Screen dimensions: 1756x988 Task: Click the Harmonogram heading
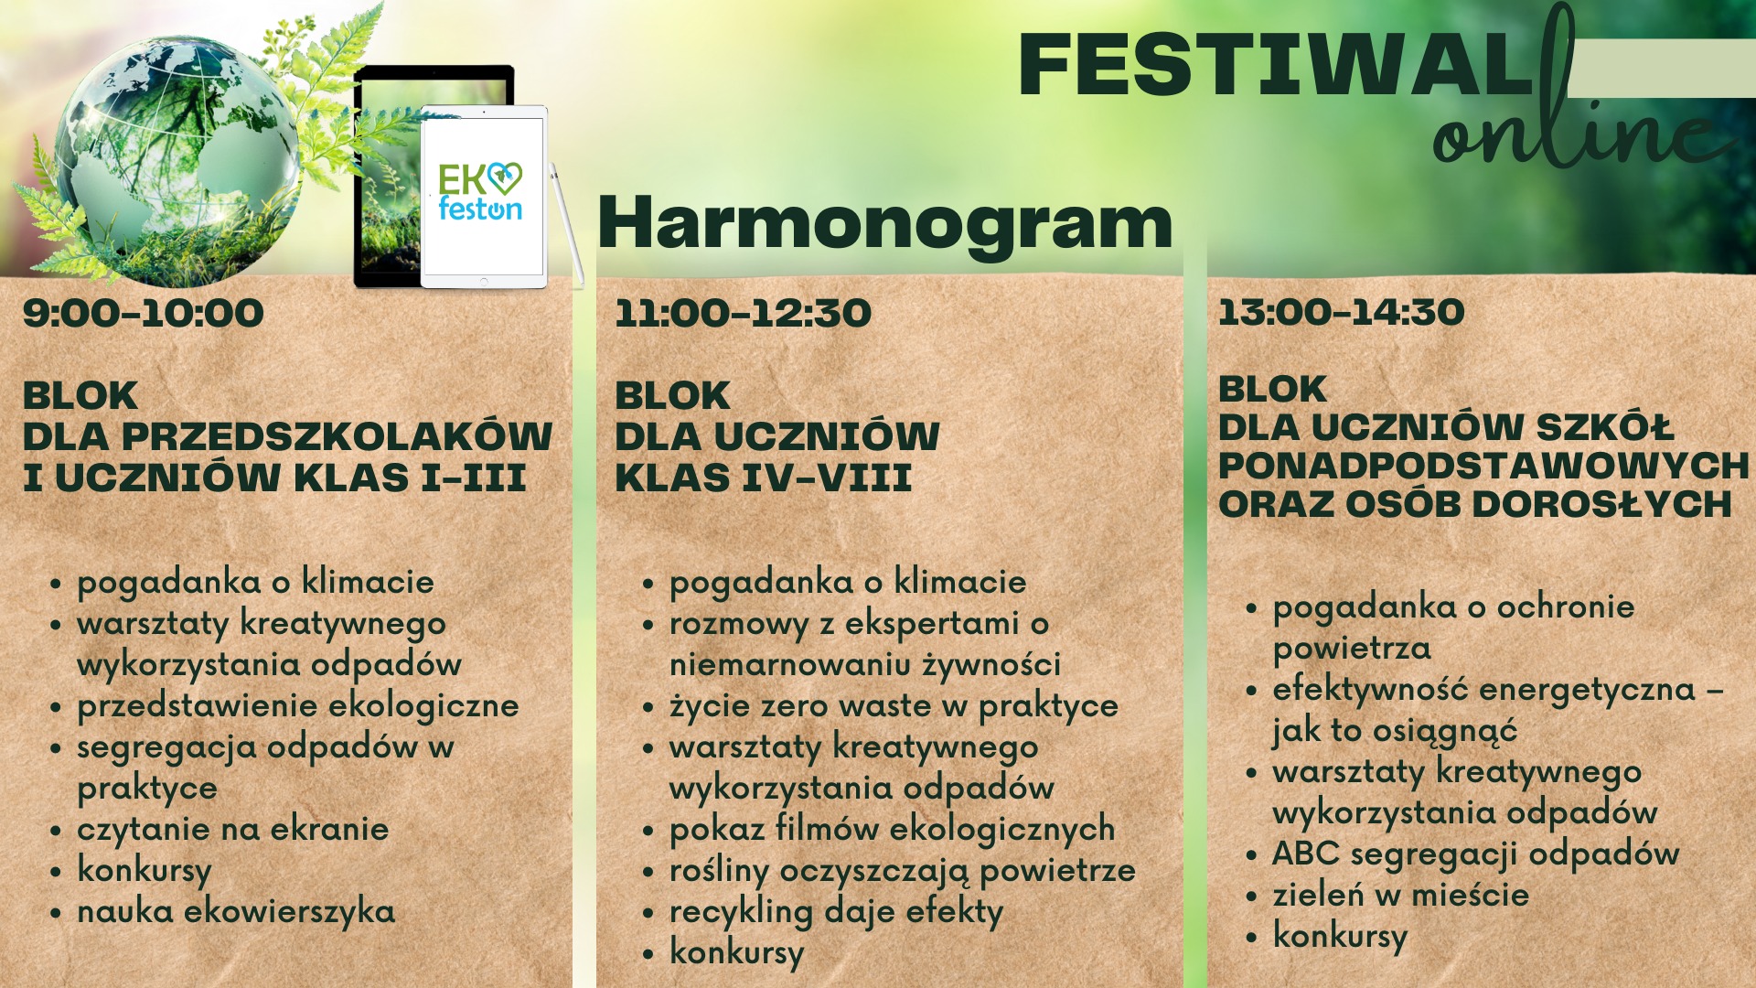884,222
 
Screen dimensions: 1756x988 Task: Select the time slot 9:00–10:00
144,313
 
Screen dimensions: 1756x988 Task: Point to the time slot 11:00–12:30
743,313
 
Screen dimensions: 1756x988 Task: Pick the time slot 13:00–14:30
1341,312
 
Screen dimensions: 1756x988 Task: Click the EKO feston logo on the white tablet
480,192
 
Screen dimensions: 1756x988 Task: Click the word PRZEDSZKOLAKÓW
337,436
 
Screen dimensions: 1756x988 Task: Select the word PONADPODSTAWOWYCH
1483,466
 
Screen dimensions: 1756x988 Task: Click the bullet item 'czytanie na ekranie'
233,830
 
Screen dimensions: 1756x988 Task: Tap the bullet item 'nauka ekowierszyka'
236,912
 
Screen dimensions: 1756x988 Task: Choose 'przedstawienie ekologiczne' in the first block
298,706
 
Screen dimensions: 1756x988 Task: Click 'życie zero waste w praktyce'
894,706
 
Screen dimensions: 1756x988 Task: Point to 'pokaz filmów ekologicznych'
893,830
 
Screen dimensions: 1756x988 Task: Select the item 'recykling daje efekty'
837,912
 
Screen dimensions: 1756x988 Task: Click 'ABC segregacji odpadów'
1476,854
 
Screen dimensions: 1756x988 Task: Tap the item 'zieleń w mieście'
1401,896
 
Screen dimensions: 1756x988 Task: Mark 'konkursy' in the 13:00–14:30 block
1340,937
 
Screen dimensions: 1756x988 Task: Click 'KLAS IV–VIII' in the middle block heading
764,478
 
